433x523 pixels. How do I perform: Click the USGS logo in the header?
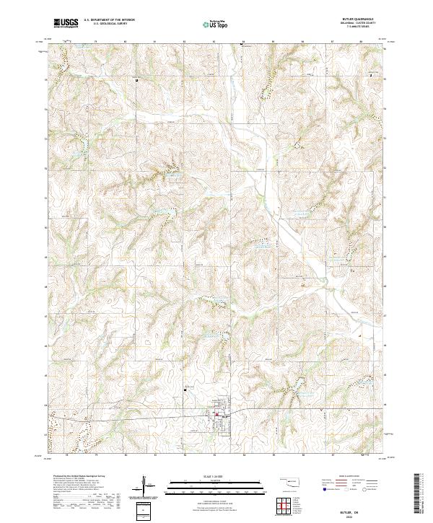pos(66,23)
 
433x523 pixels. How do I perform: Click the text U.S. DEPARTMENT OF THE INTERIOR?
pos(109,20)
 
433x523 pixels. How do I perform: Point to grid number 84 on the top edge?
pos(243,42)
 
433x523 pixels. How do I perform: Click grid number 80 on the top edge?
pos(126,42)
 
